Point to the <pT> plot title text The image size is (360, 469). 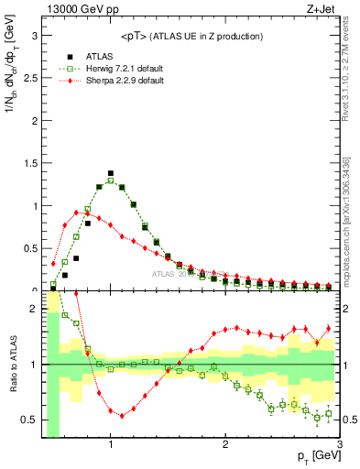[x=191, y=36]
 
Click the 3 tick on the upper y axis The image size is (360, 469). [x=34, y=36]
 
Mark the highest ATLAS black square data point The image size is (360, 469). [x=111, y=172]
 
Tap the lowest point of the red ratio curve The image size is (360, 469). [x=111, y=414]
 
